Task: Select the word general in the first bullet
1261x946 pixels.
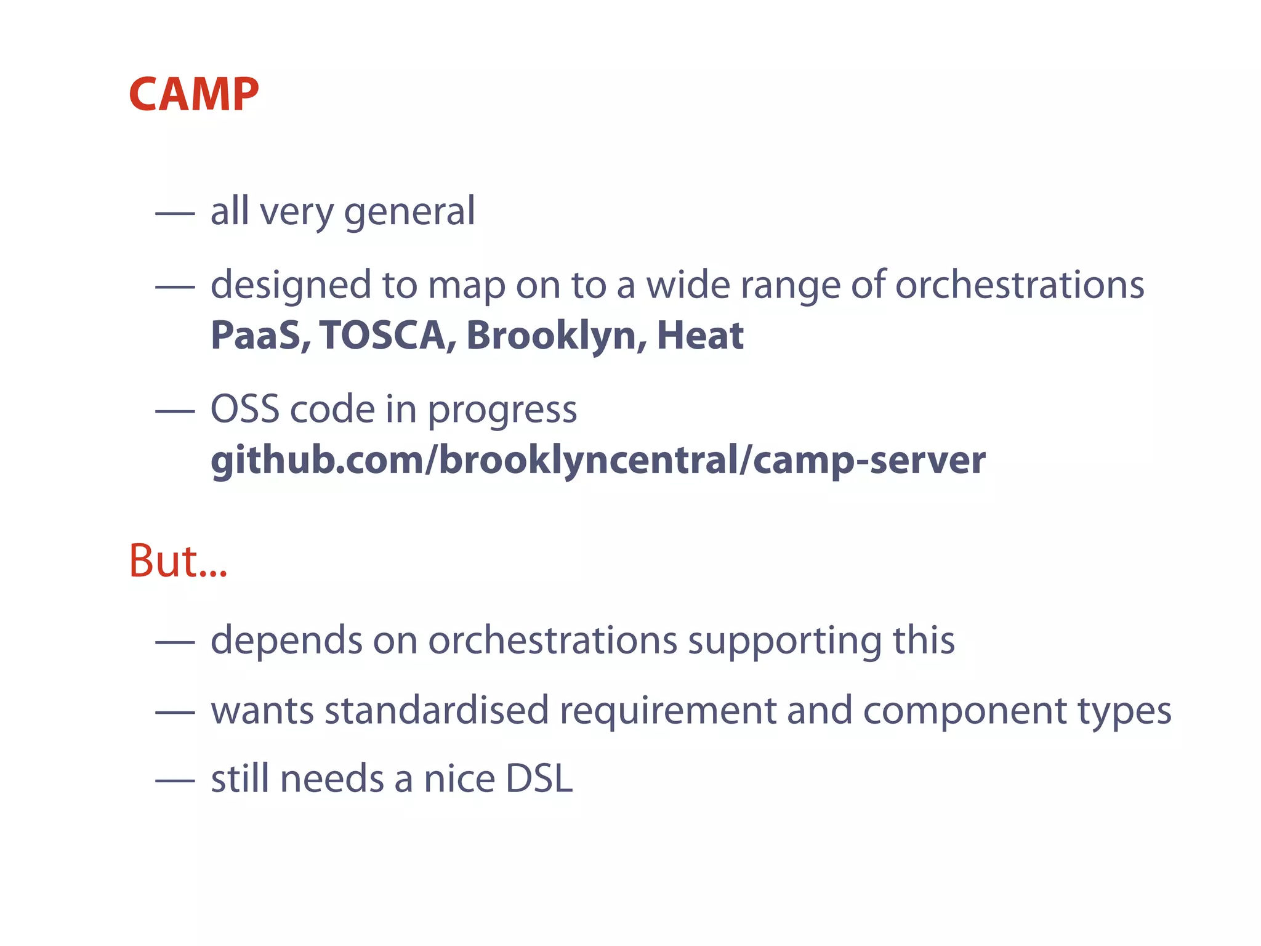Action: click(409, 212)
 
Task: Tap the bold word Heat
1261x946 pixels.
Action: click(700, 336)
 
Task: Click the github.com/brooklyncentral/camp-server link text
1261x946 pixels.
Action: click(598, 461)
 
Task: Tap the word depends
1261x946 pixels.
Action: click(286, 641)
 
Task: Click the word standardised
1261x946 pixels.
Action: click(437, 709)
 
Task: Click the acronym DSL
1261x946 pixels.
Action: click(539, 778)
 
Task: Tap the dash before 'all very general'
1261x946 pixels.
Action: click(175, 213)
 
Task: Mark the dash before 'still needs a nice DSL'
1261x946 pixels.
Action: click(175, 780)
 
